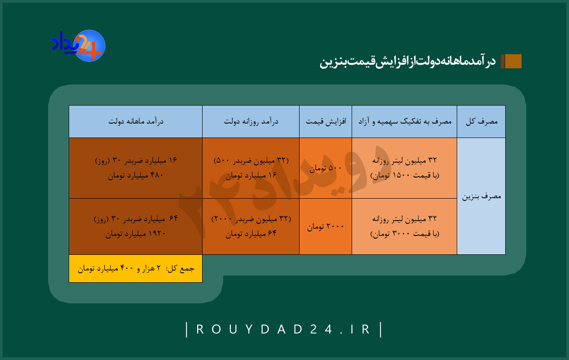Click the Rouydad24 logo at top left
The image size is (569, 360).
(79, 46)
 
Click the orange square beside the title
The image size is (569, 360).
(513, 61)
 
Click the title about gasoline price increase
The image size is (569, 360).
(407, 62)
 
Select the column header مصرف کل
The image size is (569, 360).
(481, 121)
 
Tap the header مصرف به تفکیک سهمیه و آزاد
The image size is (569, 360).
(404, 121)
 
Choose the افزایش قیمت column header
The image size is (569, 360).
(326, 121)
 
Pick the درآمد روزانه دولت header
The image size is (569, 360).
(251, 121)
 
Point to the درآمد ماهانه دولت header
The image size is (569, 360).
(136, 121)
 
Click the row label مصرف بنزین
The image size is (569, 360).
(481, 196)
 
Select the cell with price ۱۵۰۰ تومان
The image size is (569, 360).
(404, 168)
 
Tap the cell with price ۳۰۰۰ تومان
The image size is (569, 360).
(404, 226)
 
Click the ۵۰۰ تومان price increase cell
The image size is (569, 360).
(326, 168)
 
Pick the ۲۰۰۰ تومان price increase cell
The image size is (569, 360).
(326, 226)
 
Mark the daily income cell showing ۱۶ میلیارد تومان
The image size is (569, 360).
(251, 168)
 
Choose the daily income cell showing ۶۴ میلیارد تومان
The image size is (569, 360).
(251, 226)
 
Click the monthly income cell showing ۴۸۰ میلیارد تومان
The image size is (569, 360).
(136, 168)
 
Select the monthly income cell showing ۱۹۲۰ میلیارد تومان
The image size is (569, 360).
(136, 226)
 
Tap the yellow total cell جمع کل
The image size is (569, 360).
(136, 268)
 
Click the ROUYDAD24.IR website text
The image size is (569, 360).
(283, 329)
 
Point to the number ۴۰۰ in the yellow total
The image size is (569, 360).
(127, 268)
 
